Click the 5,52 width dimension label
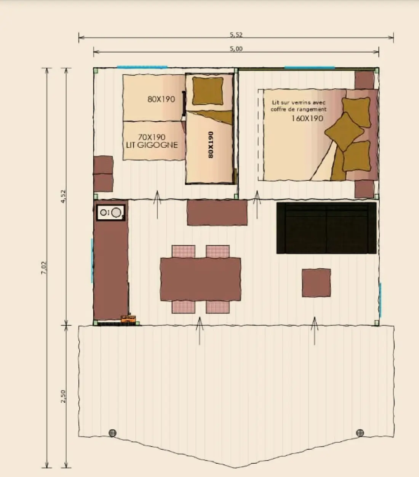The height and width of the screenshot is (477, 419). point(236,35)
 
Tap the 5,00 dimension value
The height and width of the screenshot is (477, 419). point(236,49)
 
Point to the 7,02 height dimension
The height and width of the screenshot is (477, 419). point(44,268)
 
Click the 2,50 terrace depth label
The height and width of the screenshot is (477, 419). point(63,396)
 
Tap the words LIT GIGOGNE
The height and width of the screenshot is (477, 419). point(152,145)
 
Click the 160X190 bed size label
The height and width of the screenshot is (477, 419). point(307,118)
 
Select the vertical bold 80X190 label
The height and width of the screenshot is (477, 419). point(211,145)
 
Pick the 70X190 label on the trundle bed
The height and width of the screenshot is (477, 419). point(152,137)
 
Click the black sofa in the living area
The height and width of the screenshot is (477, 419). point(326,228)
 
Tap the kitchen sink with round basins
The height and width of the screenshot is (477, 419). point(111,212)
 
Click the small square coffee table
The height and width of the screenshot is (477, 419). point(316,283)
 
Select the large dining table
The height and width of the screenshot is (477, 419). point(200,279)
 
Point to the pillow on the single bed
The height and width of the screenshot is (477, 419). point(208,91)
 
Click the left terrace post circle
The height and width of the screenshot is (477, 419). point(112,433)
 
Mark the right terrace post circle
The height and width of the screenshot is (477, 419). point(360,433)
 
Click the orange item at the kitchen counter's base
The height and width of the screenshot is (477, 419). point(128,319)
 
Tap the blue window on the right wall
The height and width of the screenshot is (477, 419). point(380,300)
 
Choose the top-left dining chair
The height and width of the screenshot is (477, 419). point(183,252)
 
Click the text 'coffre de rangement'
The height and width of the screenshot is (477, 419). point(299,109)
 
